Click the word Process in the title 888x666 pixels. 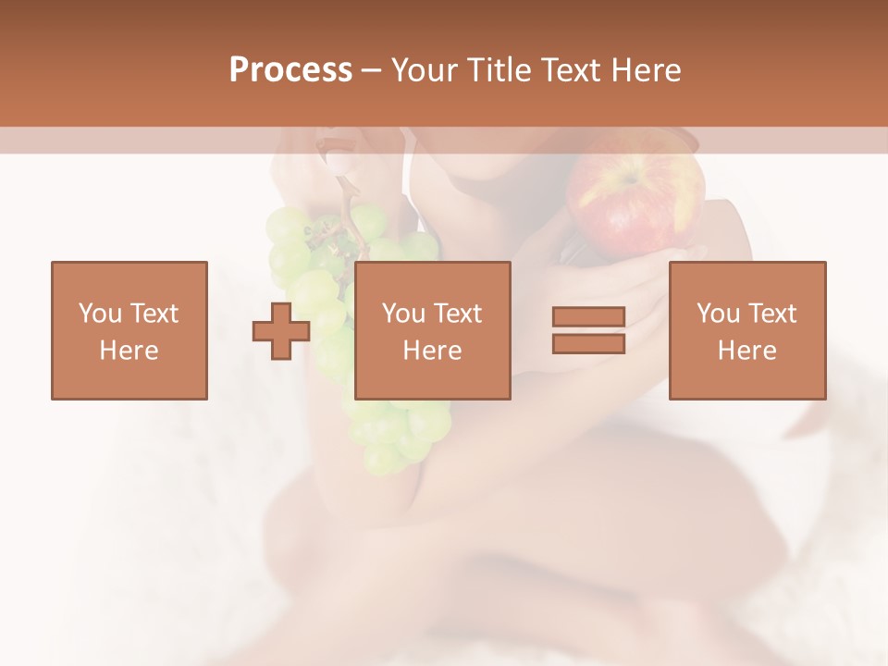(290, 70)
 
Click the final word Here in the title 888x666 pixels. (642, 70)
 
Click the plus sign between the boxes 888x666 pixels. (281, 330)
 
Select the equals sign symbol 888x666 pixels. (588, 330)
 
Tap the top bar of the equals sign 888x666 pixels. (588, 317)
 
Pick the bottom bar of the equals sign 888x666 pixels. (588, 343)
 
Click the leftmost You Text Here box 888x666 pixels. (129, 330)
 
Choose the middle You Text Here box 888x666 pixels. (433, 330)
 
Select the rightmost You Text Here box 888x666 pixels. (747, 330)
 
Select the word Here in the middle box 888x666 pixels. (433, 351)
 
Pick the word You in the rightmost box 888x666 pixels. (718, 314)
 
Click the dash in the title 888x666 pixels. (371, 70)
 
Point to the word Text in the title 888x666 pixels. (568, 70)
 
